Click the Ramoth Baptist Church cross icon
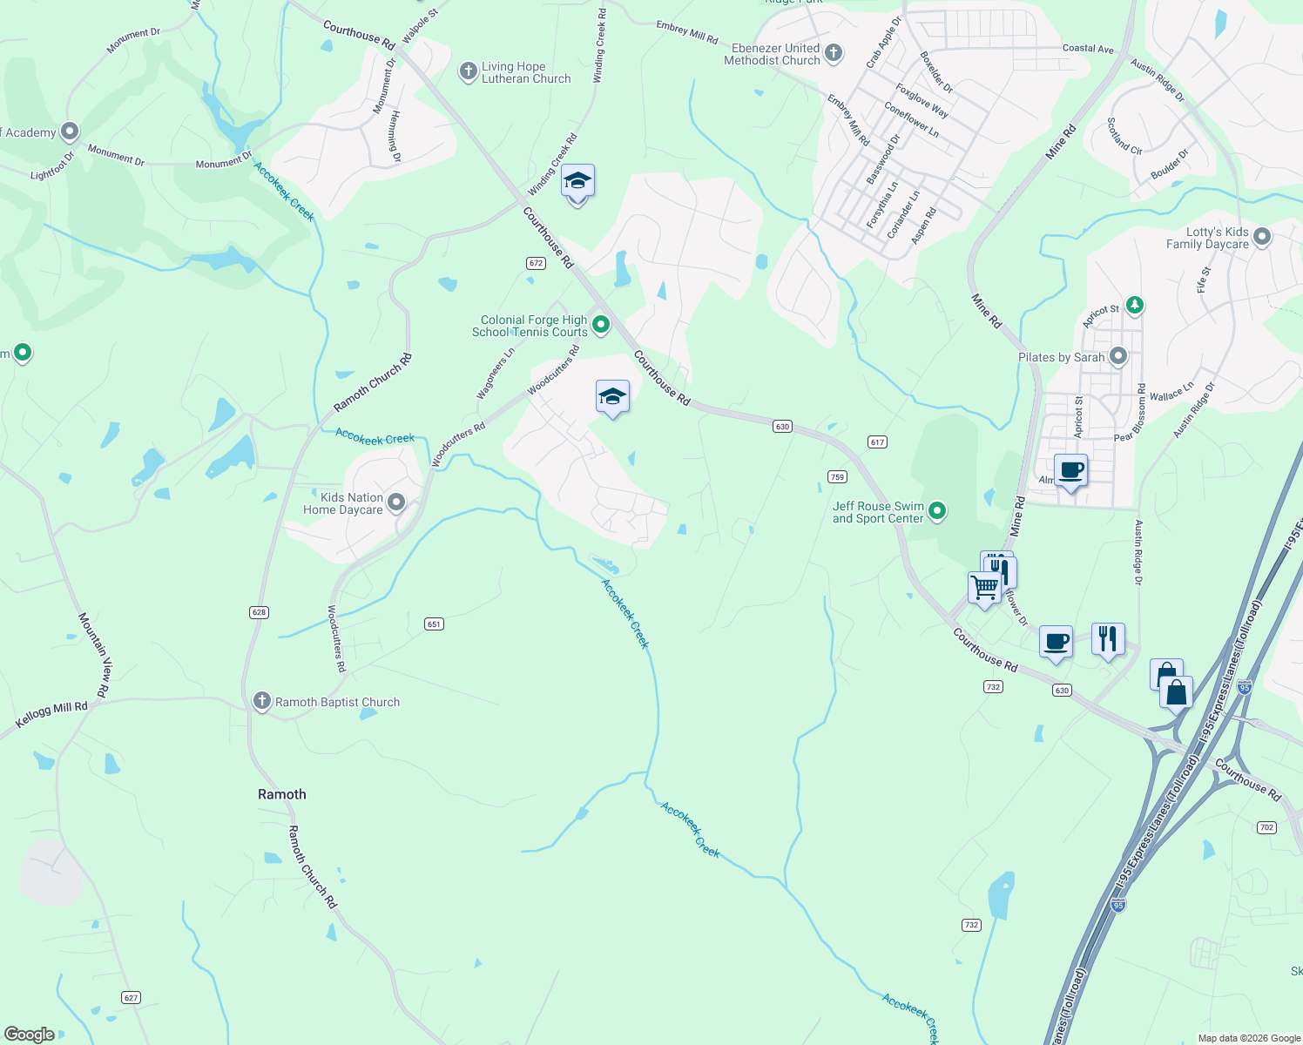pyautogui.click(x=261, y=701)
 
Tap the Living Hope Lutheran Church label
pyautogui.click(x=526, y=72)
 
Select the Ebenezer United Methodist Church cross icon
pyautogui.click(x=834, y=53)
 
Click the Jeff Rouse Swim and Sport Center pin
pyautogui.click(x=937, y=511)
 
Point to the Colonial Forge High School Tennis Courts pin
pyautogui.click(x=601, y=326)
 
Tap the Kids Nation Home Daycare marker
pyautogui.click(x=396, y=502)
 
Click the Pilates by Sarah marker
pyautogui.click(x=1119, y=356)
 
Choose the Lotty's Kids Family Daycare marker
pyautogui.click(x=1261, y=237)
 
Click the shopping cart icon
pyautogui.click(x=985, y=588)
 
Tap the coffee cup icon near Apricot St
pyautogui.click(x=1071, y=471)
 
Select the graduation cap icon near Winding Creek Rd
pyautogui.click(x=577, y=181)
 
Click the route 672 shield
pyautogui.click(x=536, y=263)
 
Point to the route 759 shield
pyautogui.click(x=837, y=476)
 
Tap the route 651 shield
pyautogui.click(x=434, y=624)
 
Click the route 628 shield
pyautogui.click(x=259, y=612)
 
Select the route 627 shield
pyautogui.click(x=131, y=997)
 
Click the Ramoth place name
pyautogui.click(x=282, y=794)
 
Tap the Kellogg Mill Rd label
pyautogui.click(x=52, y=715)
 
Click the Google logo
pyautogui.click(x=30, y=1035)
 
